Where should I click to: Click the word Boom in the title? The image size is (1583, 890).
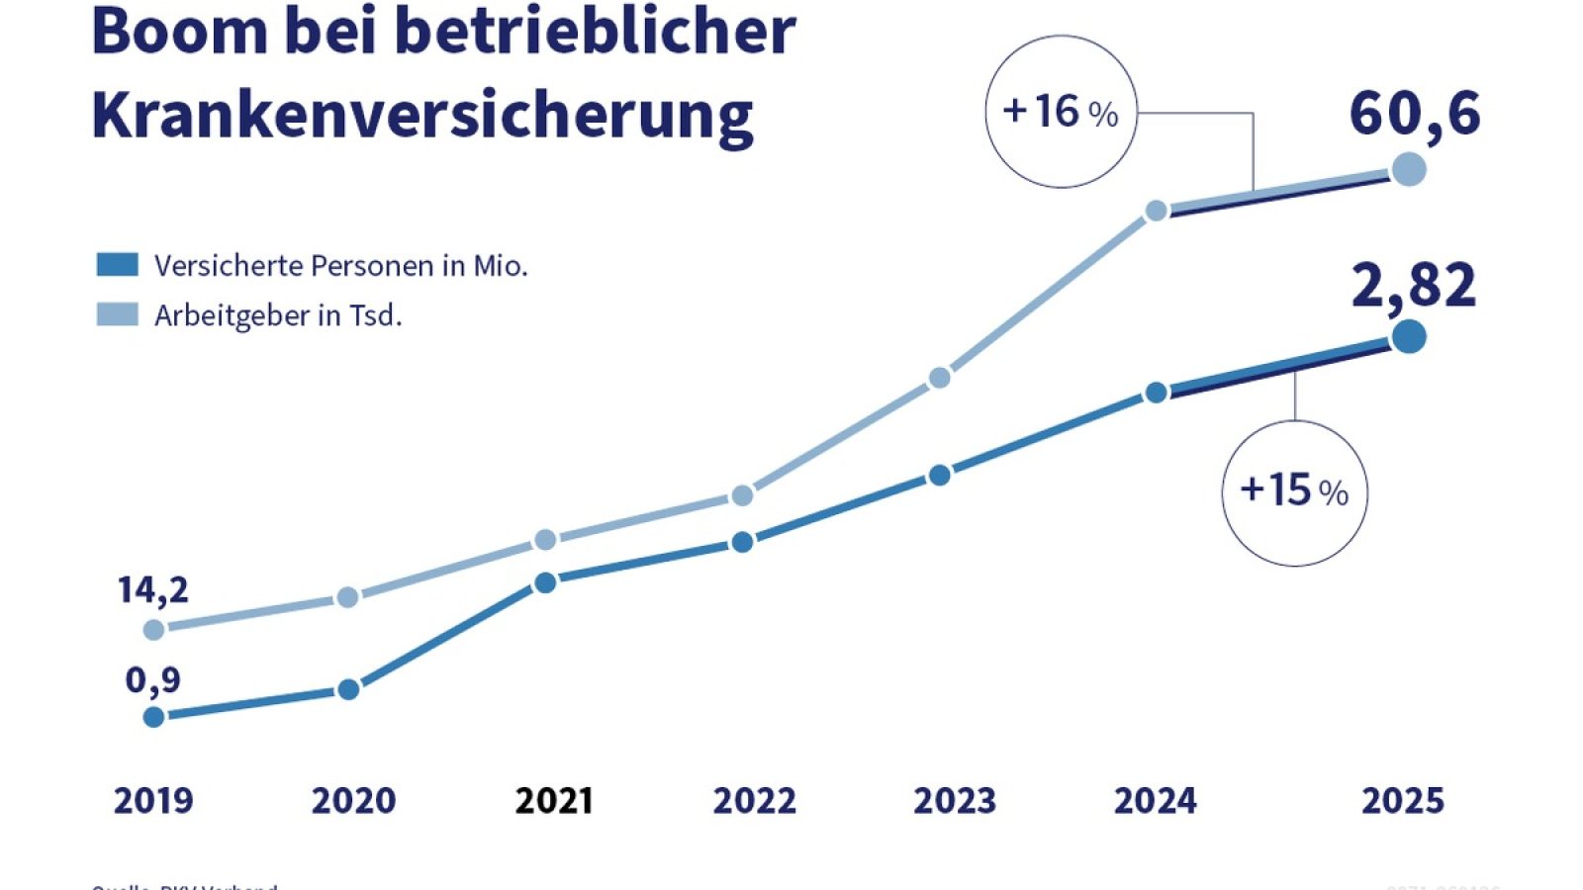point(179,32)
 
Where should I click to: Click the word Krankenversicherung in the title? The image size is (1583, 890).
point(422,116)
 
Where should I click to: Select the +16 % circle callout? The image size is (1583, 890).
point(1061,112)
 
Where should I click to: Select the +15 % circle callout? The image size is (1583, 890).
point(1294,491)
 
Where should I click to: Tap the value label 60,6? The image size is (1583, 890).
point(1415,113)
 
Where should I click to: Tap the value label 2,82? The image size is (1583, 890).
point(1413,286)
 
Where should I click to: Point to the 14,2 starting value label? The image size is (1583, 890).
point(152,590)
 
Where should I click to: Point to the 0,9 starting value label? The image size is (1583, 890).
point(152,680)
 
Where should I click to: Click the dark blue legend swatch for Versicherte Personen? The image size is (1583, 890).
point(117,264)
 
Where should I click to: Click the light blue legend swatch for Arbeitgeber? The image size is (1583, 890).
point(117,314)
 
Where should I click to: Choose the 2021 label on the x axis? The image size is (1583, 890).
point(554,800)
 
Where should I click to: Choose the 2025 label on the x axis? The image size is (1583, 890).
point(1402,800)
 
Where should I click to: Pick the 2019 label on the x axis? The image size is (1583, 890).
point(153,800)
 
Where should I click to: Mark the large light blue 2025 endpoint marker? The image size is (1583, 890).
point(1409,169)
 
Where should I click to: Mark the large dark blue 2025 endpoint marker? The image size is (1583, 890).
point(1409,337)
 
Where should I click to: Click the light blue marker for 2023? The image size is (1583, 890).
point(940,378)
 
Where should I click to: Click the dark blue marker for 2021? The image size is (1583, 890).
point(545,582)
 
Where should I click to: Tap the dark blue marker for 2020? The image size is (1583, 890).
point(348,689)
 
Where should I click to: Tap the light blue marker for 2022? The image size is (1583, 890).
point(743,494)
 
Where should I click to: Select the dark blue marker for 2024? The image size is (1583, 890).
point(1156,393)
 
